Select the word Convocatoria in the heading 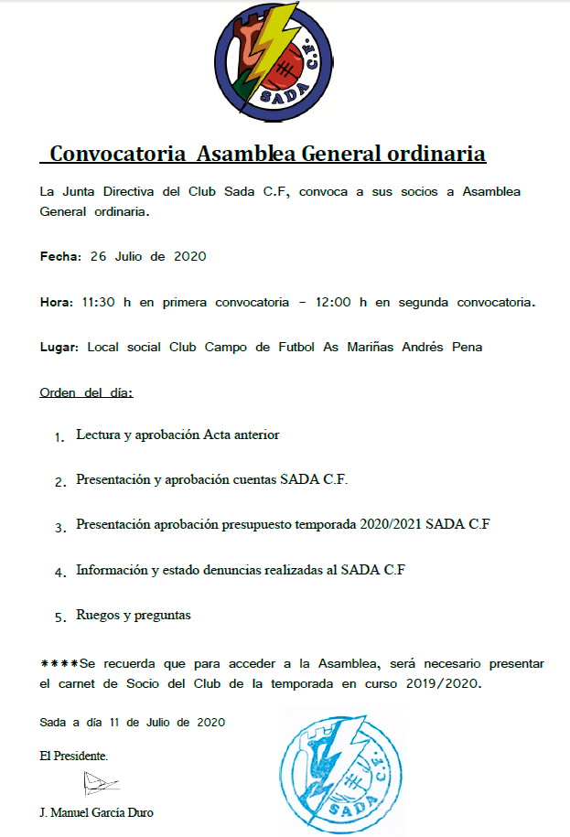pyautogui.click(x=119, y=153)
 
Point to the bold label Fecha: pyautogui.click(x=61, y=256)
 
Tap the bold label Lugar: pyautogui.click(x=60, y=348)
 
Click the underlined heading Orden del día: pyautogui.click(x=87, y=393)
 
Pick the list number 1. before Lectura pyautogui.click(x=59, y=437)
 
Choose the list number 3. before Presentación pyautogui.click(x=59, y=528)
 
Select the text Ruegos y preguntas pyautogui.click(x=134, y=616)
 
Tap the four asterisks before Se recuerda pyautogui.click(x=59, y=663)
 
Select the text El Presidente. pyautogui.click(x=74, y=756)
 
